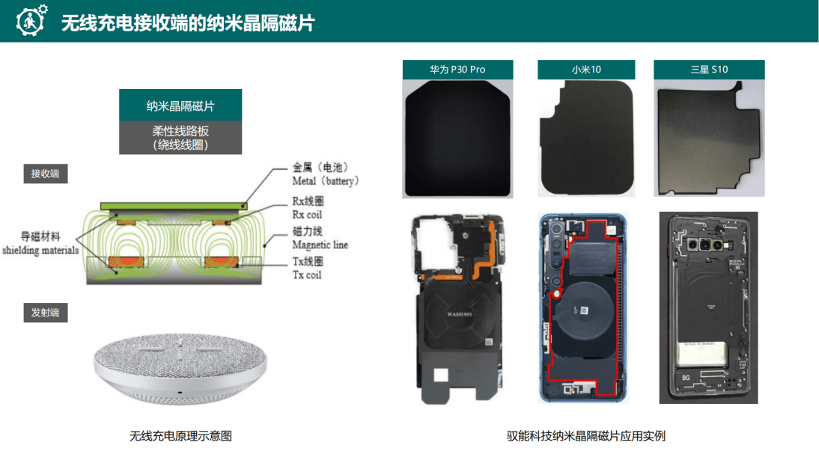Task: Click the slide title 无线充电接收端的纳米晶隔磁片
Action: pos(187,23)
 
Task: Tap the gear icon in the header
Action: pos(31,21)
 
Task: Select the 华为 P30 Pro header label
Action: pos(457,70)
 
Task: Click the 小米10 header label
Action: pos(586,70)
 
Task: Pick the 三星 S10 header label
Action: pos(708,70)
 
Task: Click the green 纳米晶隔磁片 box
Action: pos(180,105)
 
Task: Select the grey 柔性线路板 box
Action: pos(180,138)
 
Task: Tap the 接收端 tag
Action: pos(45,174)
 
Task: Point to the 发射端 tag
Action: pos(45,313)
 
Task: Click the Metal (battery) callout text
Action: pos(325,174)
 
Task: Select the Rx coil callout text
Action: pos(308,209)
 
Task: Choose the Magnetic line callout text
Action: pos(320,239)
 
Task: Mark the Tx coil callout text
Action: pos(308,269)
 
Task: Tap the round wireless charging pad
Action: pos(180,366)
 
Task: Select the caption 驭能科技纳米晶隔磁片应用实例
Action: pos(586,435)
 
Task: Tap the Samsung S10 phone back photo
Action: pos(708,307)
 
